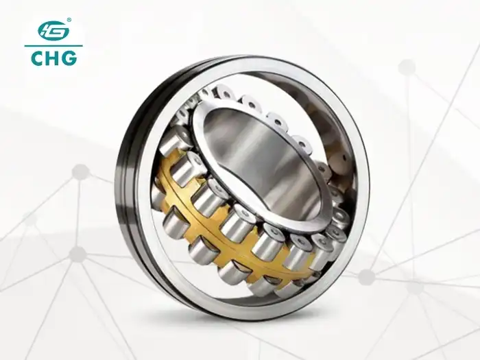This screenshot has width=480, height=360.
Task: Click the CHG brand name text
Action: [53, 58]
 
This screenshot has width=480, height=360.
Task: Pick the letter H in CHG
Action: [53, 58]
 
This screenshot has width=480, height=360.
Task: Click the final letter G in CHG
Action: [69, 58]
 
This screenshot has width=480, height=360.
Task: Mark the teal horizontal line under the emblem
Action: [53, 46]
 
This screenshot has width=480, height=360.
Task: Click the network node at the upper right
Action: [407, 67]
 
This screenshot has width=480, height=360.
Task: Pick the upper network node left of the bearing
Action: [81, 171]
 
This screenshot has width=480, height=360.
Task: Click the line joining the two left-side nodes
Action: [80, 213]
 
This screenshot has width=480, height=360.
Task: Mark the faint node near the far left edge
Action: [29, 219]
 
